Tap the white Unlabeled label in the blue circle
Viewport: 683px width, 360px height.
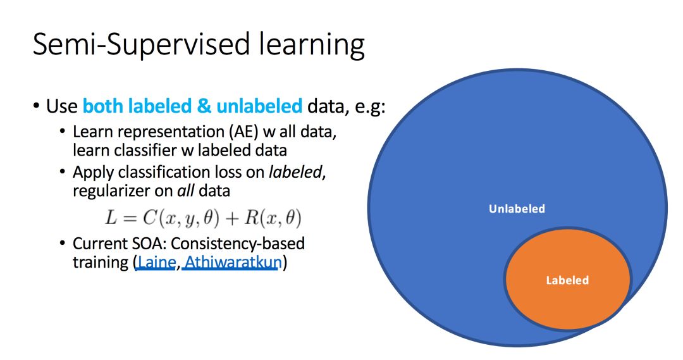[x=517, y=209]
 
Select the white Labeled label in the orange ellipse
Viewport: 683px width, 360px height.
[x=567, y=280]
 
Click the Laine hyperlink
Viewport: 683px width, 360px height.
[x=156, y=263]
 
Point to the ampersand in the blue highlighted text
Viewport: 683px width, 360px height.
[x=204, y=106]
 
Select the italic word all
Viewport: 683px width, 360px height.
[x=185, y=191]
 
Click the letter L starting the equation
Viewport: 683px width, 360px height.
[x=111, y=218]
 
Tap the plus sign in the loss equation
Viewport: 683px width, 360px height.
[x=231, y=218]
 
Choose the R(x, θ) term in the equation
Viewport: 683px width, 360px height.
[x=273, y=218]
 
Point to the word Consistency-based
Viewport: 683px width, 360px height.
[x=237, y=244]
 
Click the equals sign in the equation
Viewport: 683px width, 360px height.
[x=130, y=218]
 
